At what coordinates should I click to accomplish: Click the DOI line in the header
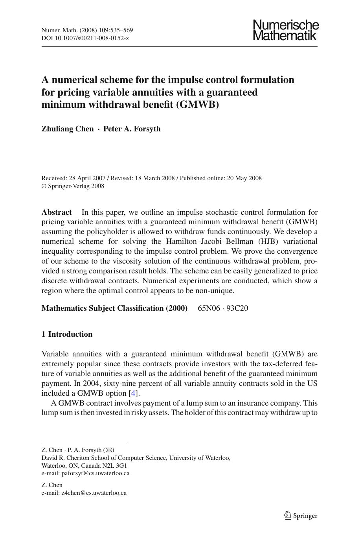click(x=85, y=38)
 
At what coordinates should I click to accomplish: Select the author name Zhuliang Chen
click(x=68, y=129)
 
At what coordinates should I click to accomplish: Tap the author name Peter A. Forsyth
click(x=132, y=129)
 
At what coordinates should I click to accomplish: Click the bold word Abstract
click(x=57, y=212)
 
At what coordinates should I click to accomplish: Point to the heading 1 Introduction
click(x=67, y=334)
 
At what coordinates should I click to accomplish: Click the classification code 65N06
click(x=209, y=308)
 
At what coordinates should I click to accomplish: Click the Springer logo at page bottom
click(x=301, y=516)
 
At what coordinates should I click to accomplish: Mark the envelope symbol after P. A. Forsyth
click(x=108, y=450)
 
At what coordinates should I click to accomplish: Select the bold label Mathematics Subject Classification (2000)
click(x=114, y=308)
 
